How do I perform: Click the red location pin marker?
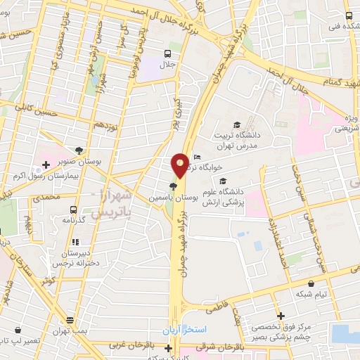[180, 165]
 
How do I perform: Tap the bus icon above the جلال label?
[168, 53]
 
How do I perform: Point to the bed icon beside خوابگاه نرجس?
[198, 157]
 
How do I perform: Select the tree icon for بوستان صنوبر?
[79, 150]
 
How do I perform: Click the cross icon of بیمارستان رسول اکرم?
[46, 165]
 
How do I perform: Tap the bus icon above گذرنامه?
[74, 209]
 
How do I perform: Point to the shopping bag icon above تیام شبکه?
[290, 283]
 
